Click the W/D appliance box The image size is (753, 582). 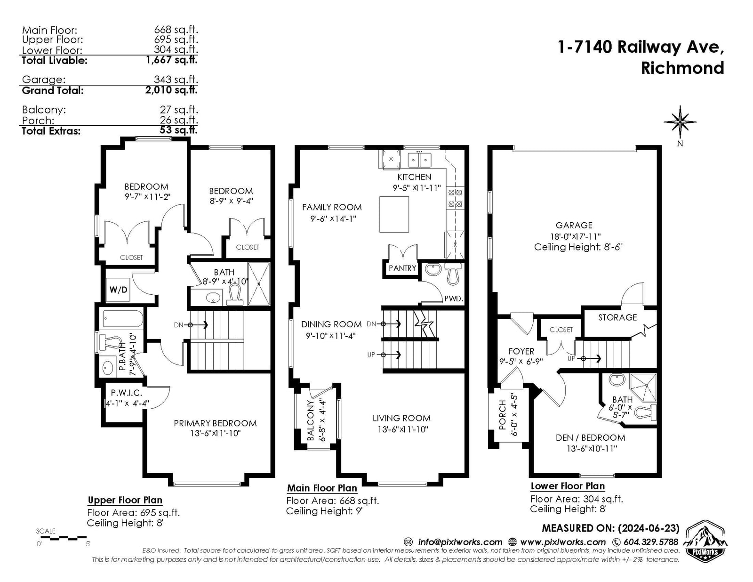pyautogui.click(x=118, y=290)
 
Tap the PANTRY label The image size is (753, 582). pyautogui.click(x=402, y=268)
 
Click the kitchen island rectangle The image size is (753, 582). pyautogui.click(x=394, y=214)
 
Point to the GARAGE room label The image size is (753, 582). pyautogui.click(x=574, y=225)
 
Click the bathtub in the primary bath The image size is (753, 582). pyautogui.click(x=123, y=319)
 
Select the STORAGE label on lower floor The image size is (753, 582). pyautogui.click(x=617, y=317)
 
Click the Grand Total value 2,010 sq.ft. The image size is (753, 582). pyautogui.click(x=171, y=90)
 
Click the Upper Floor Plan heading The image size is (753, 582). pyautogui.click(x=125, y=500)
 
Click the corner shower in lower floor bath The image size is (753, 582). pyautogui.click(x=643, y=387)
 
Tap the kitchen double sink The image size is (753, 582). pyautogui.click(x=419, y=160)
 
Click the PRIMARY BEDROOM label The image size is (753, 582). pyautogui.click(x=215, y=423)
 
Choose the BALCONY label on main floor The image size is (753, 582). pyautogui.click(x=311, y=420)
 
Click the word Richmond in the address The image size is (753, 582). pyautogui.click(x=682, y=68)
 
